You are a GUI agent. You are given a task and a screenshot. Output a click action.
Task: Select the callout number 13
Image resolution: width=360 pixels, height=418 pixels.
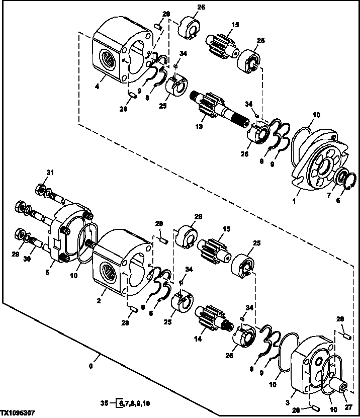(199, 127)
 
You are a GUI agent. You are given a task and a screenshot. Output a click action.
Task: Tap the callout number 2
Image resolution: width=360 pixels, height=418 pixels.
(99, 301)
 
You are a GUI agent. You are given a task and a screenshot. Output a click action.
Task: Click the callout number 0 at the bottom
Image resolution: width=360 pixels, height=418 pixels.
(91, 366)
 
